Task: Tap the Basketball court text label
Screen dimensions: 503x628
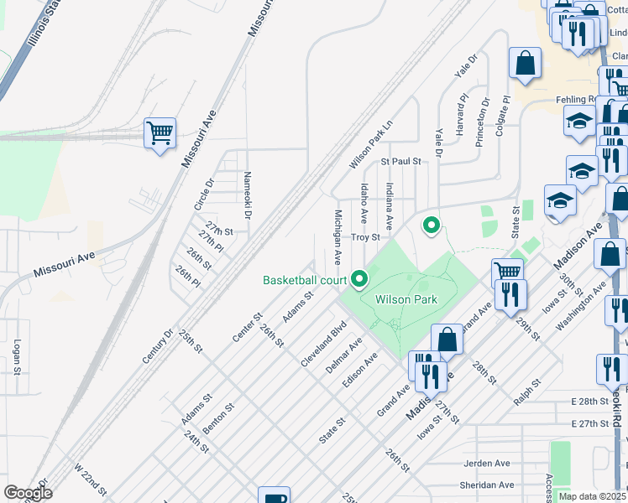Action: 305,280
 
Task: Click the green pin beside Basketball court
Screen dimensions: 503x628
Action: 360,278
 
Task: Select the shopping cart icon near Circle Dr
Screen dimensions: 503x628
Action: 160,132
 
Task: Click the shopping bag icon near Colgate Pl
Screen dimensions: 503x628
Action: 525,63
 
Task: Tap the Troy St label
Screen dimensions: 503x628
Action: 366,238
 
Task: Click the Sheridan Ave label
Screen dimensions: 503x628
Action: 488,485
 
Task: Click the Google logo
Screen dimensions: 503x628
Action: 28,493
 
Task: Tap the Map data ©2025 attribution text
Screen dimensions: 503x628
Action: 592,496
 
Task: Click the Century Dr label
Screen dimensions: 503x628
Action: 158,345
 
